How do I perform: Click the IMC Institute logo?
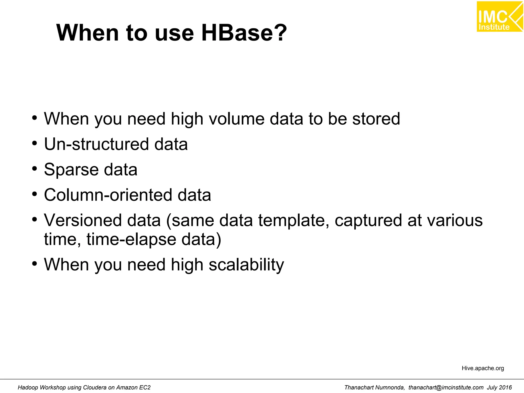click(x=499, y=17)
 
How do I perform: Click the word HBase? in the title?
click(x=244, y=33)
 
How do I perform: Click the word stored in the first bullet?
click(x=376, y=119)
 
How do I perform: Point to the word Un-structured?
click(x=96, y=144)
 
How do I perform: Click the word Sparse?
click(x=71, y=170)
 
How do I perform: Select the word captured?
click(x=368, y=220)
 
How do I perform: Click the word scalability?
click(x=246, y=265)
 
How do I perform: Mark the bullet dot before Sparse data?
click(x=35, y=169)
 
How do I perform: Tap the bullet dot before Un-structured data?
click(x=35, y=144)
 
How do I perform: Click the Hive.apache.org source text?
click(x=483, y=368)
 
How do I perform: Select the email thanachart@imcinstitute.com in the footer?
click(x=446, y=387)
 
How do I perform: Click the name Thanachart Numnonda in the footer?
click(x=374, y=387)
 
